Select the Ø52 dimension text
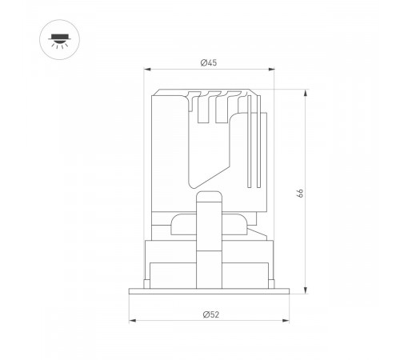pyautogui.click(x=209, y=314)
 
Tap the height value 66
pyautogui.click(x=298, y=192)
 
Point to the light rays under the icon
pyautogui.click(x=58, y=45)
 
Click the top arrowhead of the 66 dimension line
pyautogui.click(x=305, y=90)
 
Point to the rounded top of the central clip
pyautogui.click(x=209, y=194)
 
